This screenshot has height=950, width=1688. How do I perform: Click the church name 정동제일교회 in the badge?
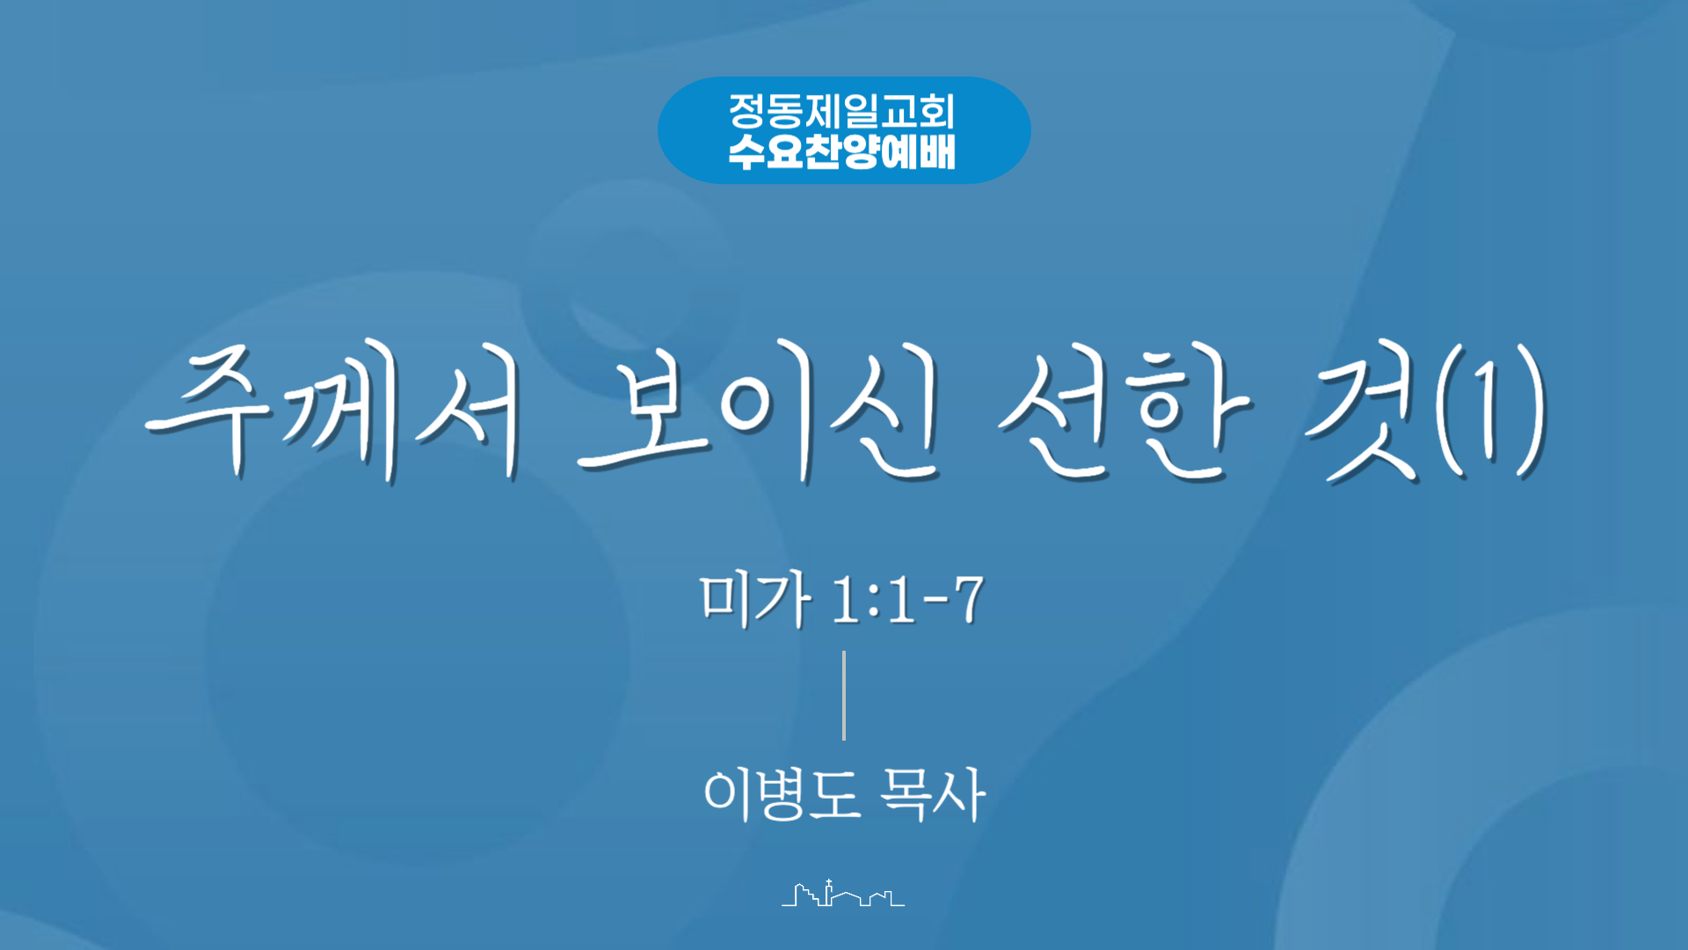click(841, 112)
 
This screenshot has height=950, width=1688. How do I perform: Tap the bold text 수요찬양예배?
click(841, 151)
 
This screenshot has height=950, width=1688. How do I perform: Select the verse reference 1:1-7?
click(907, 600)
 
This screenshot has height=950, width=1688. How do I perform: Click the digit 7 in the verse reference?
click(969, 600)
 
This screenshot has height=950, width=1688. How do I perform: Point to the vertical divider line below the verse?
click(844, 695)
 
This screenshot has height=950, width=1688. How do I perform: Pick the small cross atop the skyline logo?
click(828, 882)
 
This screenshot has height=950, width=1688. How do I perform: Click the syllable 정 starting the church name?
click(747, 112)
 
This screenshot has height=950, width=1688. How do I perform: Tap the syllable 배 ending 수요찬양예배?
click(937, 151)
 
